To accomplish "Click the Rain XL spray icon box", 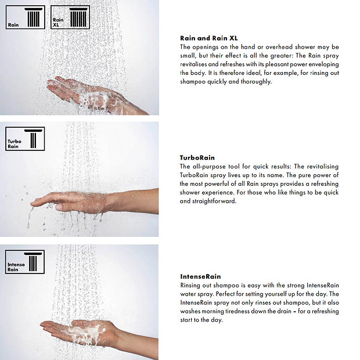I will [70, 17].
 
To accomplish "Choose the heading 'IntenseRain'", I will [200, 276].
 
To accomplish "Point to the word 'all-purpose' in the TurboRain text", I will [208, 167].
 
